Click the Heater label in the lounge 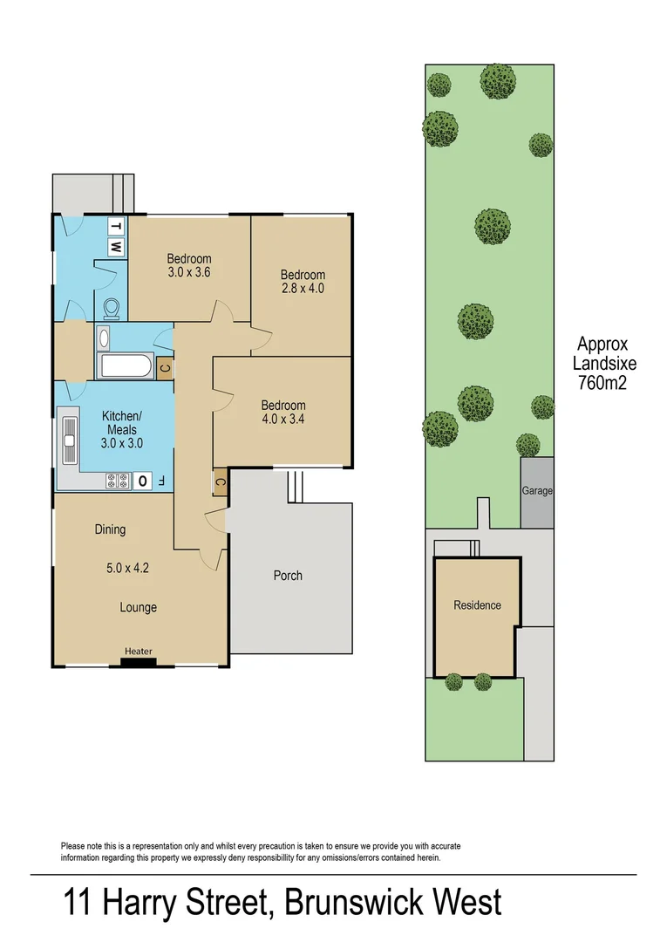tap(138, 652)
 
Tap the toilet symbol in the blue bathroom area tap(112, 309)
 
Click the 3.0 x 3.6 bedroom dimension tap(189, 272)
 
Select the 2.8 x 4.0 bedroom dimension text tap(303, 288)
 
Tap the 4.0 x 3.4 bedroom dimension tap(283, 419)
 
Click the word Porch tap(288, 576)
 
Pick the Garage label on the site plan tap(537, 491)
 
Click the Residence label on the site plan tap(477, 605)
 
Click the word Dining tap(110, 529)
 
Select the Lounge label tap(138, 607)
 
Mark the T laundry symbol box tap(116, 227)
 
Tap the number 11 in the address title tap(78, 902)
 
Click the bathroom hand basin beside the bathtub tap(104, 338)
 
